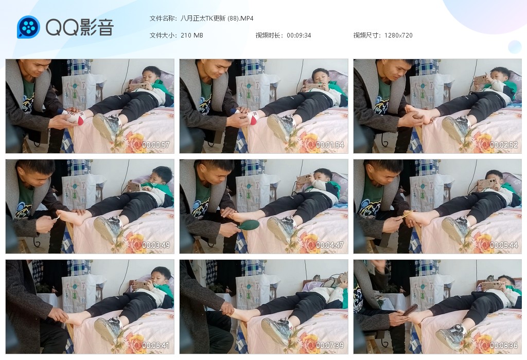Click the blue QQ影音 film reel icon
point(28,27)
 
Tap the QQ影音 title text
point(80,27)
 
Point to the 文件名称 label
point(163,18)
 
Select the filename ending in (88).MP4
point(217,18)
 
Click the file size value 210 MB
point(191,35)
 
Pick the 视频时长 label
point(269,35)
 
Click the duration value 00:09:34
point(299,35)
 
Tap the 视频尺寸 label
point(367,35)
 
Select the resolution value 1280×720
point(398,35)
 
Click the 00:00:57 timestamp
point(155,145)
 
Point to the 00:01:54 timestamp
point(330,145)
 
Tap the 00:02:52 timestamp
point(503,145)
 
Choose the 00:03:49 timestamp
point(155,245)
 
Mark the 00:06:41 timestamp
point(155,345)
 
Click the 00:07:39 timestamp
point(330,345)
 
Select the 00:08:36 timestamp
point(503,345)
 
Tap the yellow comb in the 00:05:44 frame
point(404,215)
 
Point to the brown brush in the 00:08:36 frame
point(411,310)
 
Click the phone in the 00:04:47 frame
point(304,179)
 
